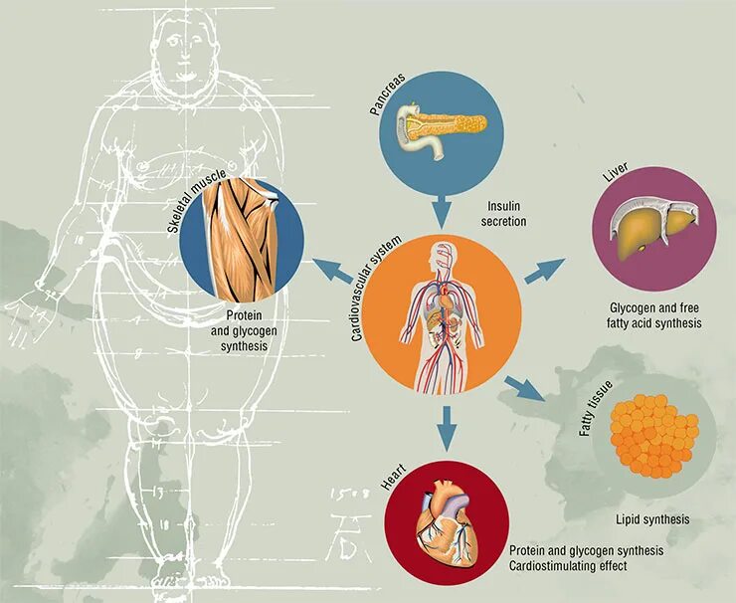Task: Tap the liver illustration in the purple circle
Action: pyautogui.click(x=651, y=224)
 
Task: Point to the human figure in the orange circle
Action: pyautogui.click(x=442, y=307)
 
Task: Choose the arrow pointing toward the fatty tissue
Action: pyautogui.click(x=524, y=388)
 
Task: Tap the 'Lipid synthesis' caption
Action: pyautogui.click(x=652, y=519)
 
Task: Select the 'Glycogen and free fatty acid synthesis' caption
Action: pyautogui.click(x=654, y=316)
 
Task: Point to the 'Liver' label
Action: pyautogui.click(x=613, y=178)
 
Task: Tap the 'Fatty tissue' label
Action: pyautogui.click(x=594, y=409)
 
